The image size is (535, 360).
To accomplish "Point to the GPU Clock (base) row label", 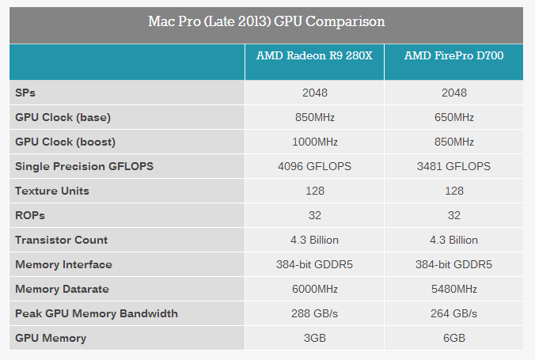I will point(63,117).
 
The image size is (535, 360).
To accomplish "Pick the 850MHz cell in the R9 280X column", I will point(314,117).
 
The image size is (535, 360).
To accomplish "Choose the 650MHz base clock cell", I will point(453,117).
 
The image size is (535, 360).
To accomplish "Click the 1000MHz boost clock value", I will point(314,142).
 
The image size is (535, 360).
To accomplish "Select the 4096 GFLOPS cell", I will point(314,166).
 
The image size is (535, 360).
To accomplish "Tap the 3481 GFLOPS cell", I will point(453,166).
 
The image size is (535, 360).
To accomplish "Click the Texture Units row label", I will point(52,191).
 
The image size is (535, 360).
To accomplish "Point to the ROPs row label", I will point(29,215).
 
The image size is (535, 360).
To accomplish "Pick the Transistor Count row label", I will point(62,240).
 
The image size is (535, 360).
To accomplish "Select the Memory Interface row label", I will point(64,264).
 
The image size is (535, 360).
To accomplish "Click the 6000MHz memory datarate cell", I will point(314,289).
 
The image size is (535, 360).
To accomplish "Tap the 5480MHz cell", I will point(453,289).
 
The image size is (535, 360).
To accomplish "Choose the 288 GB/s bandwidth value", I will point(314,313).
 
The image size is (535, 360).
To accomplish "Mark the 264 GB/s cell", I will point(453,313).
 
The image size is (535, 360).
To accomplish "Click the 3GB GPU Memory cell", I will point(314,338).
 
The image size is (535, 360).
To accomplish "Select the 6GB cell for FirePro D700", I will point(453,338).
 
